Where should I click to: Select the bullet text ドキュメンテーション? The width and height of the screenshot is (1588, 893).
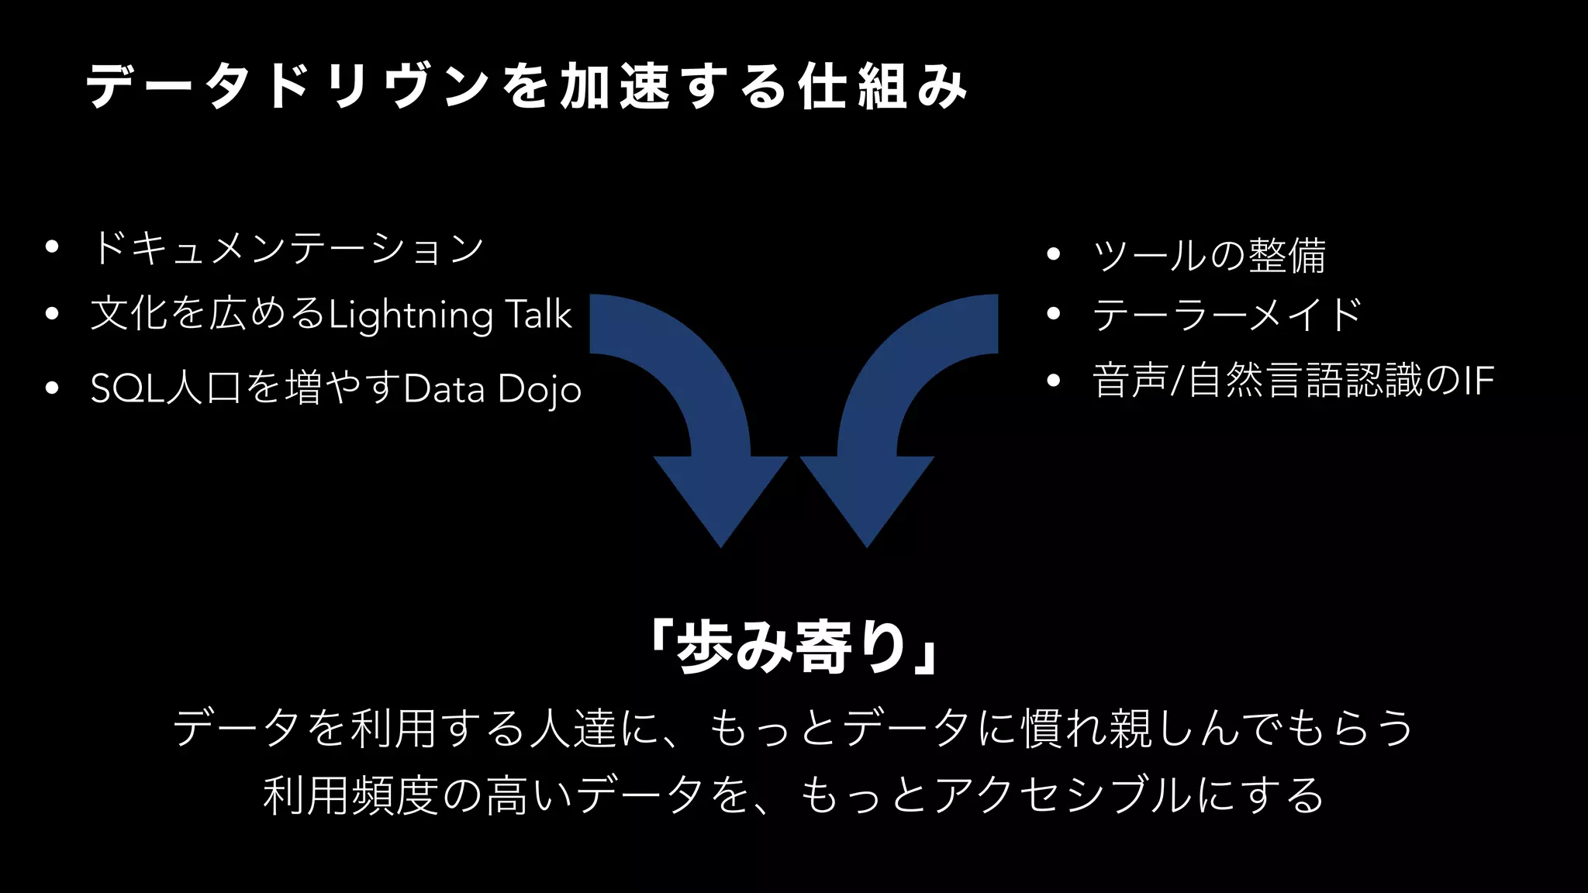coord(287,248)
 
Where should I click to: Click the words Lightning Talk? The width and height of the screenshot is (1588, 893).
coord(450,315)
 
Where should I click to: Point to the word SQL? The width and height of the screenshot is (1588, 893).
coord(128,388)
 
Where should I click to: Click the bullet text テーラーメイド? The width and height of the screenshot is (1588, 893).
coord(1227,314)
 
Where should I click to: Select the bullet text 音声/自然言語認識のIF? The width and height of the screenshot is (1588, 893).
coord(1292,381)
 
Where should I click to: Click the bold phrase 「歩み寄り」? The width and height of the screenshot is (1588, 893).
coord(795,647)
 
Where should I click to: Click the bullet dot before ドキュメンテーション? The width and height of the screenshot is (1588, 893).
coord(52,248)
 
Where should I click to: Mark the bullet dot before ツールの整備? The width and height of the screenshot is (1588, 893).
coord(1052,254)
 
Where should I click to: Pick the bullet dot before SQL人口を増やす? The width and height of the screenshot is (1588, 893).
coord(52,388)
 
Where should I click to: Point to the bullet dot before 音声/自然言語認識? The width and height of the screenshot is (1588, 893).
coord(1052,381)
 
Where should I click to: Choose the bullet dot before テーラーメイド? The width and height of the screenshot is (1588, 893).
coord(1052,314)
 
